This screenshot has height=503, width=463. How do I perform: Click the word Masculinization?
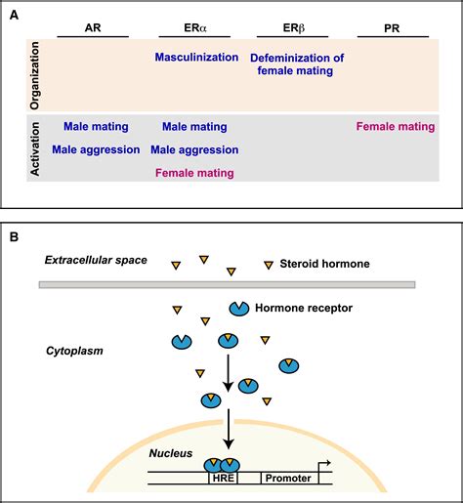tap(195, 58)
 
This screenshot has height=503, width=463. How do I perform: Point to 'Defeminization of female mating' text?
tap(297, 65)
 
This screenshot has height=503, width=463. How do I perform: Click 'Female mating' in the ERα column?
tap(194, 173)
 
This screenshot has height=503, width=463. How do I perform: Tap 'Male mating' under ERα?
tap(194, 126)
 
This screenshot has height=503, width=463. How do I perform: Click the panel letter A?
tap(13, 12)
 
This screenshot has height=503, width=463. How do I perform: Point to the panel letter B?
tap(13, 236)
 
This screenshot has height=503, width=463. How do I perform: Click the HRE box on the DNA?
tap(223, 480)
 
